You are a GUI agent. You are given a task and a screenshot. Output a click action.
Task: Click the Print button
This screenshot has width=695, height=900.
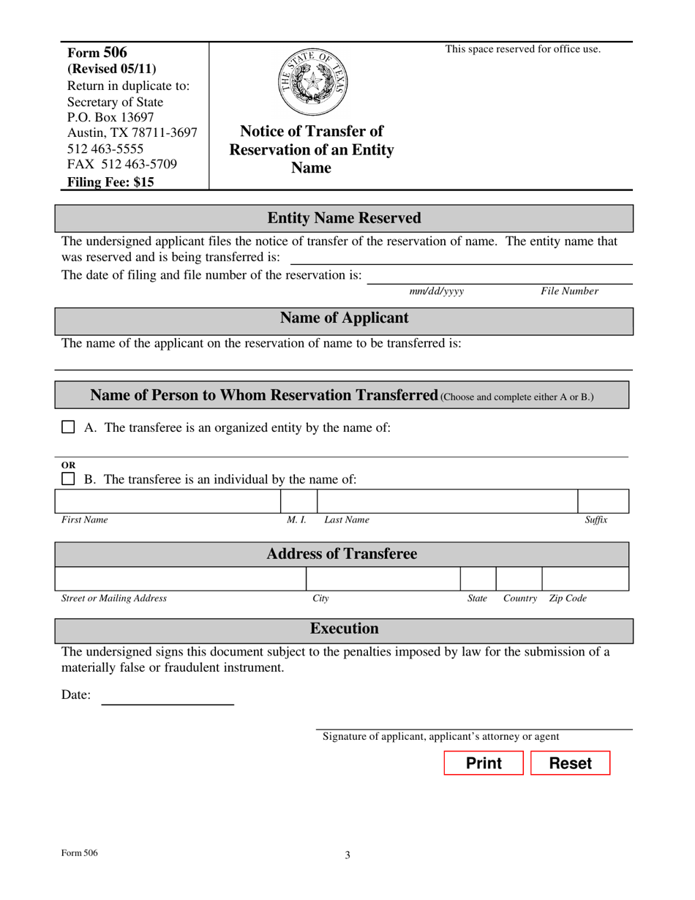coord(484,763)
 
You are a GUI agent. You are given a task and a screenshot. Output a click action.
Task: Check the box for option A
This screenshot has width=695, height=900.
coord(68,427)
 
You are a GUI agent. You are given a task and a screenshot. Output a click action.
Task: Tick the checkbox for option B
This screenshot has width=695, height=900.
coord(68,479)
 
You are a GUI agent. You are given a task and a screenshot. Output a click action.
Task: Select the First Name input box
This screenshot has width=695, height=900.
coord(168,501)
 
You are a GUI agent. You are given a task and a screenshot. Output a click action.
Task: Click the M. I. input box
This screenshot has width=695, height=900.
coord(298,501)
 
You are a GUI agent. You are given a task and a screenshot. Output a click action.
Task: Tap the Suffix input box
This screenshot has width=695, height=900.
coord(603,501)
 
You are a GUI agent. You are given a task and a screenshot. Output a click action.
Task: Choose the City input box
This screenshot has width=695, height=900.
coord(383,579)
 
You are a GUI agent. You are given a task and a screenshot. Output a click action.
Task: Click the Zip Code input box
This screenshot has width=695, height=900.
coord(585,579)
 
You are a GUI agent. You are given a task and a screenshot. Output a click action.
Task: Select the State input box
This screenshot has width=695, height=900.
coord(478,579)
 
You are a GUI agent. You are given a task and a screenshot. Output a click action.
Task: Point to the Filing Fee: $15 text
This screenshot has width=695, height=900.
coord(110,183)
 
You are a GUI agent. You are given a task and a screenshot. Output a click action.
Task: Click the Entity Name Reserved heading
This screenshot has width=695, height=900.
coord(344,218)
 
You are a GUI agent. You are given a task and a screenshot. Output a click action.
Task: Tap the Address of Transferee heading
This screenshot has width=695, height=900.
coord(342,554)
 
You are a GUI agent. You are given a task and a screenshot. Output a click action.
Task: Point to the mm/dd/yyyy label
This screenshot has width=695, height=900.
coord(437,291)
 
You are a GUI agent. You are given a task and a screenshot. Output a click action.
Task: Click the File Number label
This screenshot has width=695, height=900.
coord(569,291)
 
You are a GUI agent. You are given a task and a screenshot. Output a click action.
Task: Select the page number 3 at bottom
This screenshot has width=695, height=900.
coord(347,855)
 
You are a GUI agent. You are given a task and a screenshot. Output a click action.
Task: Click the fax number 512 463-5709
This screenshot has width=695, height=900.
coord(122,164)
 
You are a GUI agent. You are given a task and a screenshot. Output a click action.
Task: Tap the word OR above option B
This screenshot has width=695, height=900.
coord(67,465)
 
